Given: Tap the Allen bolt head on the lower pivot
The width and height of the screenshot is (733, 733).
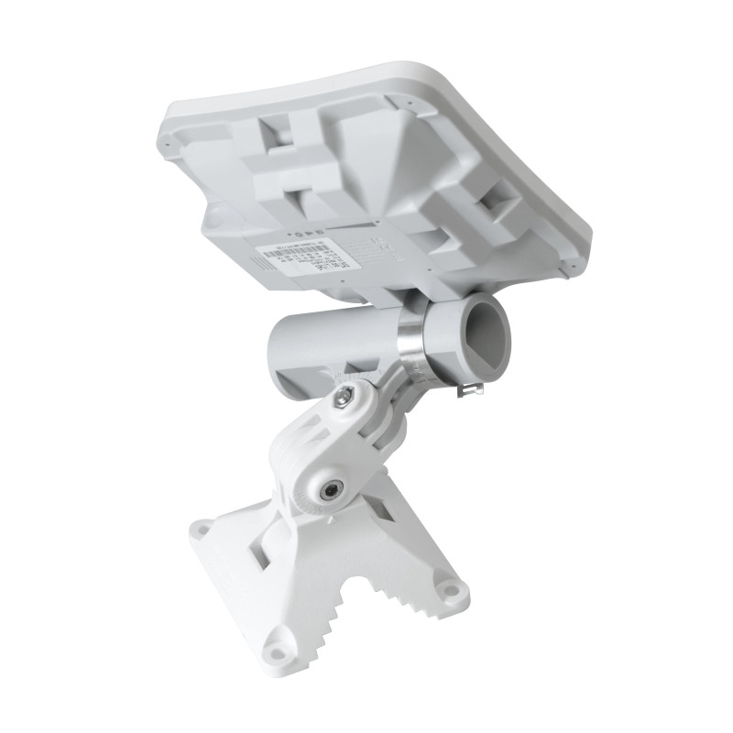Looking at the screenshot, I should tap(328, 491).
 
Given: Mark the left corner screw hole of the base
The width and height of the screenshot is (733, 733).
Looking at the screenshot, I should tap(202, 530).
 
